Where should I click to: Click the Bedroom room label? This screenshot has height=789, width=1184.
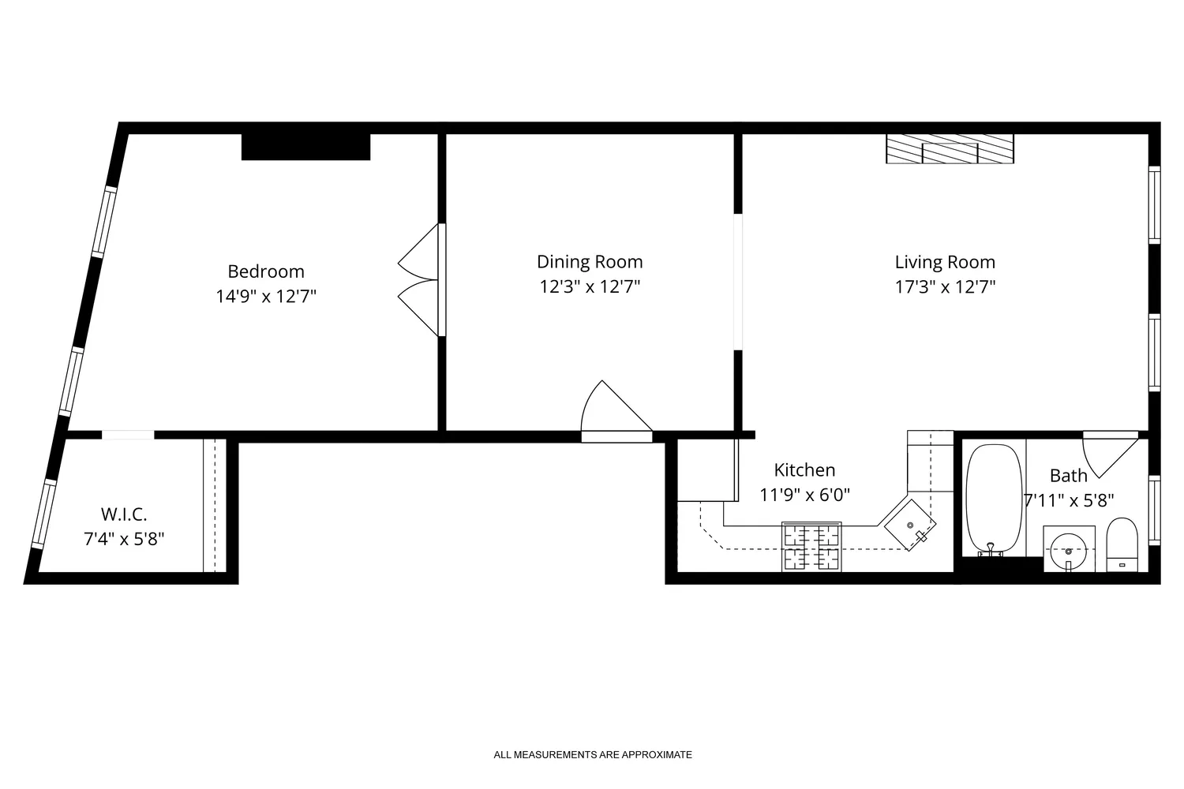tap(266, 271)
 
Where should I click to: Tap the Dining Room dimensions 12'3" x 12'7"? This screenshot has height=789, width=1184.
tap(590, 286)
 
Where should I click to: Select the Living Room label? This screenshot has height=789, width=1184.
tap(945, 262)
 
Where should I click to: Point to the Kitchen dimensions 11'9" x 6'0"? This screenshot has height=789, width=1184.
tap(804, 495)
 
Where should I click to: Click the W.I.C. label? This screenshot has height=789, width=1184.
tap(124, 514)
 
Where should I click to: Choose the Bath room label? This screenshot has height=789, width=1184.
tap(1068, 476)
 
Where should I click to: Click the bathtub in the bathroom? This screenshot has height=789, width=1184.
tap(993, 499)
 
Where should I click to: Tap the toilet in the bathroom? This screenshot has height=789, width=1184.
tap(1121, 544)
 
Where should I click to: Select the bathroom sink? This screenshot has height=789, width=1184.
tap(1069, 548)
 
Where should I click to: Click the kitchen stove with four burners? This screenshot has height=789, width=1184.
tap(811, 546)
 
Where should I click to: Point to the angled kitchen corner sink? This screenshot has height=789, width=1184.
tap(910, 525)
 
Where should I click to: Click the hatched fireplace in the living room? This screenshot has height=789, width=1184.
tap(950, 148)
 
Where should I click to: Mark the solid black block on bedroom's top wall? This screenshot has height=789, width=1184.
tap(305, 147)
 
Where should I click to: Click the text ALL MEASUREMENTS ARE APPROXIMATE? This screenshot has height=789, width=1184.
tap(593, 755)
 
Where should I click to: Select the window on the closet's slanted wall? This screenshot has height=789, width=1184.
tap(43, 514)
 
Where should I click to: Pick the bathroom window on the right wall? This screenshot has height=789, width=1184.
tap(1154, 510)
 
